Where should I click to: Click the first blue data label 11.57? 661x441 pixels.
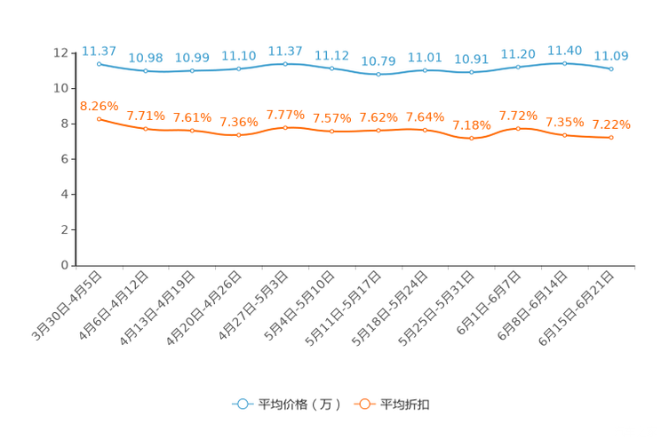pyautogui.click(x=99, y=50)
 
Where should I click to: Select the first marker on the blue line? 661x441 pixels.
pyautogui.click(x=99, y=63)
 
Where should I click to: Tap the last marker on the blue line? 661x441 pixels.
pyautogui.click(x=611, y=68)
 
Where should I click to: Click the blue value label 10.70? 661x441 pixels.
pyautogui.click(x=378, y=61)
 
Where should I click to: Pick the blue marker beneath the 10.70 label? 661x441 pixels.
pyautogui.click(x=378, y=75)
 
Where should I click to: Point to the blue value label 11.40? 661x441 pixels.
pyautogui.click(x=564, y=50)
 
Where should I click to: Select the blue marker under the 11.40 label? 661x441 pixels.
pyautogui.click(x=564, y=63)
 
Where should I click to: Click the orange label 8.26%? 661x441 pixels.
pyautogui.click(x=99, y=105)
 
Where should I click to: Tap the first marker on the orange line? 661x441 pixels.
pyautogui.click(x=99, y=118)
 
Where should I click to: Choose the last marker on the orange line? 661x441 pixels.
pyautogui.click(x=611, y=137)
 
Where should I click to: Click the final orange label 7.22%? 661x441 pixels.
pyautogui.click(x=611, y=124)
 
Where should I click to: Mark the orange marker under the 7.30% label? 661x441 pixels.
pyautogui.click(x=472, y=139)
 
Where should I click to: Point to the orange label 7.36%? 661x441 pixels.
pyautogui.click(x=238, y=123)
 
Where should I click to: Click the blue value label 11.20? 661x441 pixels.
pyautogui.click(x=518, y=54)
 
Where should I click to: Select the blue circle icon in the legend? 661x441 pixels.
pyautogui.click(x=242, y=404)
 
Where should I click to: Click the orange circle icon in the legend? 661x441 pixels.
pyautogui.click(x=363, y=404)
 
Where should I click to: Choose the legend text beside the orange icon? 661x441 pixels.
pyautogui.click(x=406, y=405)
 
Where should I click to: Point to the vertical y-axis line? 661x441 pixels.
pyautogui.click(x=75, y=160)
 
